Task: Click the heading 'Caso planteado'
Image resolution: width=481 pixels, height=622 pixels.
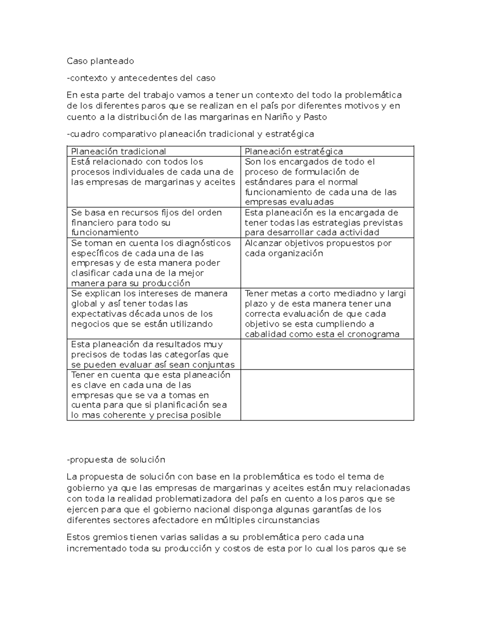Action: [100, 61]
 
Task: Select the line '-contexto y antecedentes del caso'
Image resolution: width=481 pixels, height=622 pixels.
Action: [141, 78]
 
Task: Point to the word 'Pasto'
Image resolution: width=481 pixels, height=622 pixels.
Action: [315, 117]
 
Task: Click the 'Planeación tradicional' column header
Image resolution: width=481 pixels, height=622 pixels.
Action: [118, 151]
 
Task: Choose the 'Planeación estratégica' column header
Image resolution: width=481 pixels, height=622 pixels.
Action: [294, 151]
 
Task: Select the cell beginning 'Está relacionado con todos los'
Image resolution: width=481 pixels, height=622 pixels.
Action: [153, 172]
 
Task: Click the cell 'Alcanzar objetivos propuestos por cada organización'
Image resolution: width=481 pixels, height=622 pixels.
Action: [318, 248]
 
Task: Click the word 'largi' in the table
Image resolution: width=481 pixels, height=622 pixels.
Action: [396, 294]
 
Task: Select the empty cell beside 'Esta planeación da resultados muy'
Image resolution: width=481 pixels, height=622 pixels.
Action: [327, 354]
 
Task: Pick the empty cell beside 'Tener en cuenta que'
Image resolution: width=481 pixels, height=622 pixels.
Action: [327, 395]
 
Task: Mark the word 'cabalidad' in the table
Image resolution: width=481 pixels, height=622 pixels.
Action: [265, 334]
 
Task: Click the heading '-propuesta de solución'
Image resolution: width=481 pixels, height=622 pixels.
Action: [116, 460]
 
